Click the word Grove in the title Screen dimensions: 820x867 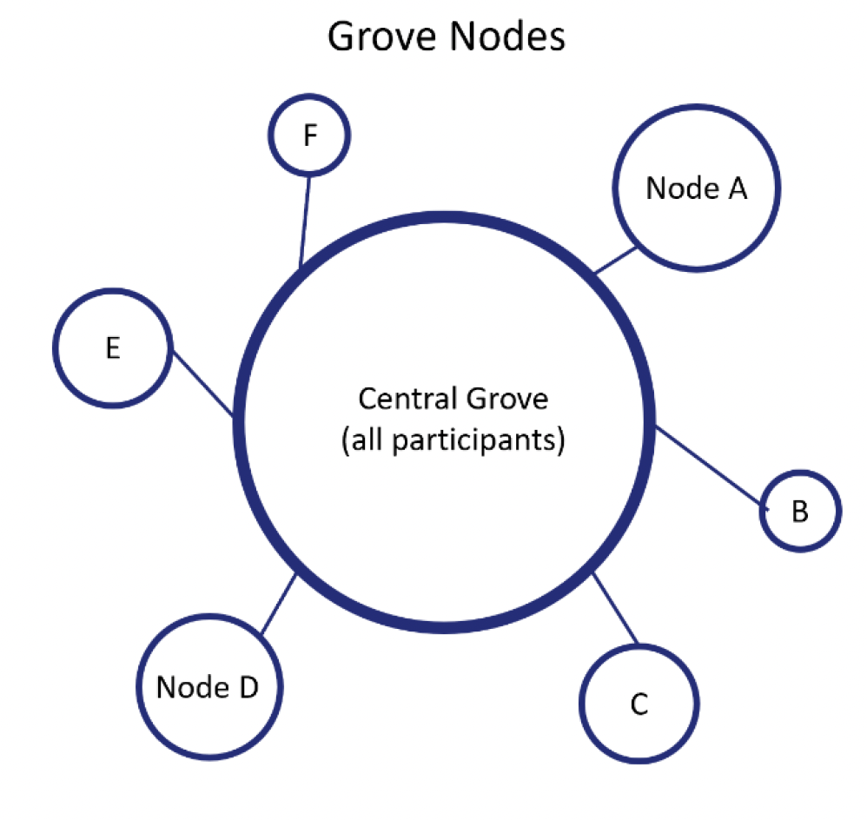pyautogui.click(x=381, y=37)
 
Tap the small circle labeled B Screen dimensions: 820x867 pyautogui.click(x=800, y=512)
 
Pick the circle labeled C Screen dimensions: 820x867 pyautogui.click(x=639, y=704)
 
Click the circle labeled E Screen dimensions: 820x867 pyautogui.click(x=112, y=349)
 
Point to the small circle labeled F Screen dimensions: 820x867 pyautogui.click(x=308, y=136)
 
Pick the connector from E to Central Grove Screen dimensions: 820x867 pyautogui.click(x=202, y=383)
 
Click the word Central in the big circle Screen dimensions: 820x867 pyautogui.click(x=407, y=399)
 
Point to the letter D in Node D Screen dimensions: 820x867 pyautogui.click(x=248, y=687)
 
